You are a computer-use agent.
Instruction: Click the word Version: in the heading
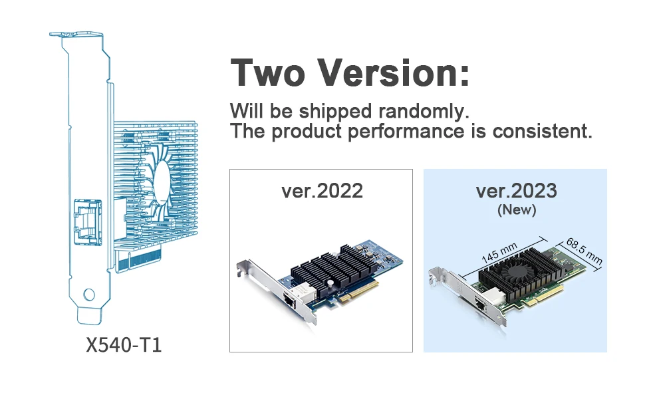coord(392,72)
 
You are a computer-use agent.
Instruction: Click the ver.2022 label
coord(322,192)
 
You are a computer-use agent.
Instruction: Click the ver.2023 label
coord(516,192)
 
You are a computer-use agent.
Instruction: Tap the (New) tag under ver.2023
coord(516,210)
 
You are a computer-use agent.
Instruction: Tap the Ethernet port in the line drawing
coord(86,220)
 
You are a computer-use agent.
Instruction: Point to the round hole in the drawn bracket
coord(88,294)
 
